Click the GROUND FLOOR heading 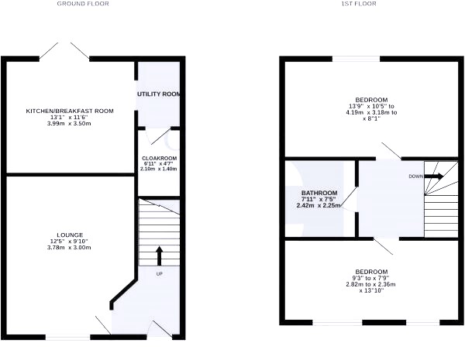(x=83, y=4)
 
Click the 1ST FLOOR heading (x=359, y=4)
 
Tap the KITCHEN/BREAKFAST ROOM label (x=70, y=111)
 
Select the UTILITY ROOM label (x=159, y=94)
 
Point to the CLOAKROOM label (x=159, y=158)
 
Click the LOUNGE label (x=70, y=235)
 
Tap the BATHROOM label (x=319, y=193)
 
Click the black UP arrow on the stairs (x=159, y=255)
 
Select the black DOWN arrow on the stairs (x=434, y=177)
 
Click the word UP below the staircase (x=159, y=274)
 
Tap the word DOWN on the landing (x=415, y=177)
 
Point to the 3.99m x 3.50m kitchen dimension (x=69, y=124)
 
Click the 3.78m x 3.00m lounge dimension (x=69, y=248)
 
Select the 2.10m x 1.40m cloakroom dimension (x=159, y=169)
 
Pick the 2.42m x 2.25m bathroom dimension (x=319, y=205)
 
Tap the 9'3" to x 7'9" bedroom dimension (x=370, y=278)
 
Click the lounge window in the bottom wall (x=67, y=337)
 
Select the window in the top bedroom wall (x=356, y=59)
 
